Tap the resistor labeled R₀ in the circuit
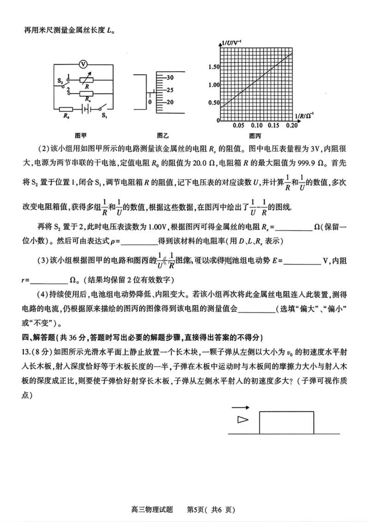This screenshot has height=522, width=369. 65,109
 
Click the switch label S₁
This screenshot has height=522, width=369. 104,115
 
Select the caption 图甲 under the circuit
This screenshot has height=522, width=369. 81,136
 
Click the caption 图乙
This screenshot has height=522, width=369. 162,136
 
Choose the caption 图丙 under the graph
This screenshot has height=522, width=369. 255,136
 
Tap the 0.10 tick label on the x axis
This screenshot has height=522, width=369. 256,126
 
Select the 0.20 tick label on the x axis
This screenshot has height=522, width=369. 291,126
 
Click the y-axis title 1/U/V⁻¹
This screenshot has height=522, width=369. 232,43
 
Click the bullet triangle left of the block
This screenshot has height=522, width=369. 242,419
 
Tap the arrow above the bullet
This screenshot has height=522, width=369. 240,408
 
